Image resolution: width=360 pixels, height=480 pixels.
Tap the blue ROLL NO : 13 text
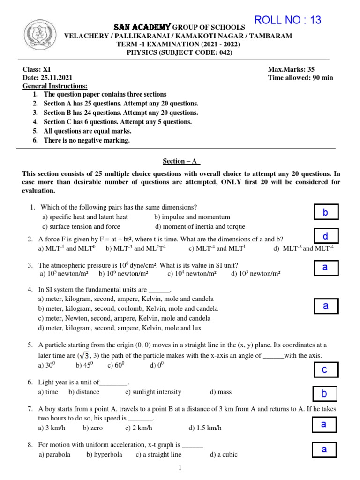coord(287,20)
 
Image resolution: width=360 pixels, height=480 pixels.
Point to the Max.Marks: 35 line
coord(291,69)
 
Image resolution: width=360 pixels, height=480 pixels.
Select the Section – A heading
coord(181,161)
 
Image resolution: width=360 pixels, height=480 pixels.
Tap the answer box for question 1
coord(325,212)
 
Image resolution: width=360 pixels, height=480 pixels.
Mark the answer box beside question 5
coord(324,370)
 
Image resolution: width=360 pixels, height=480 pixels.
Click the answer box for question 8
coord(324,450)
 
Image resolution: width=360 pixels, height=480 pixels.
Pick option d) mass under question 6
coord(221,392)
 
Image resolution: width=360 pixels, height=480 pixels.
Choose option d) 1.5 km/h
coord(205,427)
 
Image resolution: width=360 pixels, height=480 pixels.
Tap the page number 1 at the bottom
coord(180,468)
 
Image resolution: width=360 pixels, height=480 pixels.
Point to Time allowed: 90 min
coord(300,78)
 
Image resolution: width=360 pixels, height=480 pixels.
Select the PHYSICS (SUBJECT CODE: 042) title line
coord(180,52)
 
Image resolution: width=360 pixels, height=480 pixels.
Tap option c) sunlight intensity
coord(153,392)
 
